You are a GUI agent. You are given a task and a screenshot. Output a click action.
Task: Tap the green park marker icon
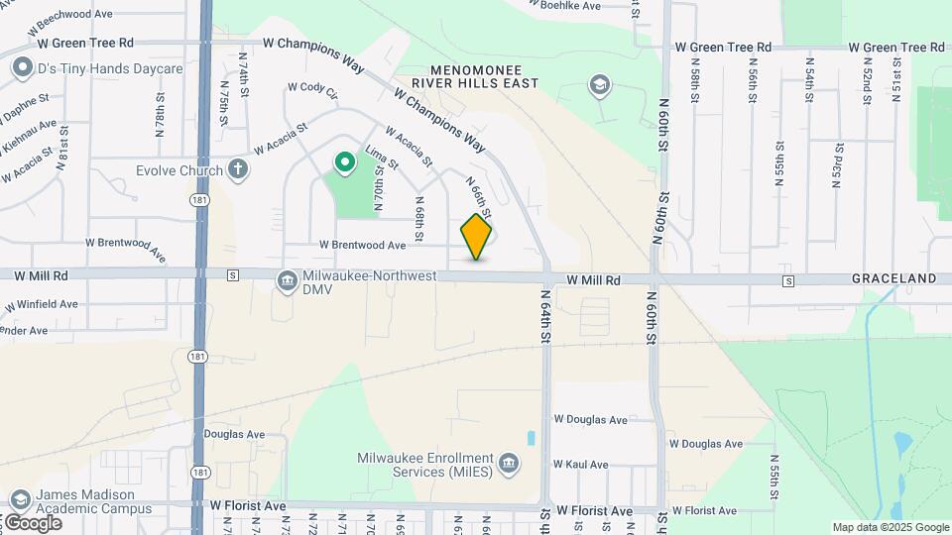345,162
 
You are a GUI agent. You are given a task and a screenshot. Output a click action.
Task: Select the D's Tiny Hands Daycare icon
21,68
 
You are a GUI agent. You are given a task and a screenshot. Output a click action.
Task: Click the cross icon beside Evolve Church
237,169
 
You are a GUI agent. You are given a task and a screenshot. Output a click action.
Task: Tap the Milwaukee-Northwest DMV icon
288,282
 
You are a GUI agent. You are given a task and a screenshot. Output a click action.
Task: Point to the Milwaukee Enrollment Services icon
508,464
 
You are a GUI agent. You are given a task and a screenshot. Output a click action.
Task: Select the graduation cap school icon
599,85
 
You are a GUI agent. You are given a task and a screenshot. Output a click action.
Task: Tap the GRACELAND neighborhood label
893,279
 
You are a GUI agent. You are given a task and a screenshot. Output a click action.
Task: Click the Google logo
33,522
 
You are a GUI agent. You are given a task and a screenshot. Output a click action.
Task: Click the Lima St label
382,157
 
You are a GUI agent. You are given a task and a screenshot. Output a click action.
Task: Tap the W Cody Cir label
312,87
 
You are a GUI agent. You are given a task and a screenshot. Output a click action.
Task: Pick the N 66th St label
479,196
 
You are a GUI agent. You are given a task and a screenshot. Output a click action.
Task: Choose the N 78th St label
159,117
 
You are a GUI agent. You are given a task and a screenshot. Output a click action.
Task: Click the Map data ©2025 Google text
891,527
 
